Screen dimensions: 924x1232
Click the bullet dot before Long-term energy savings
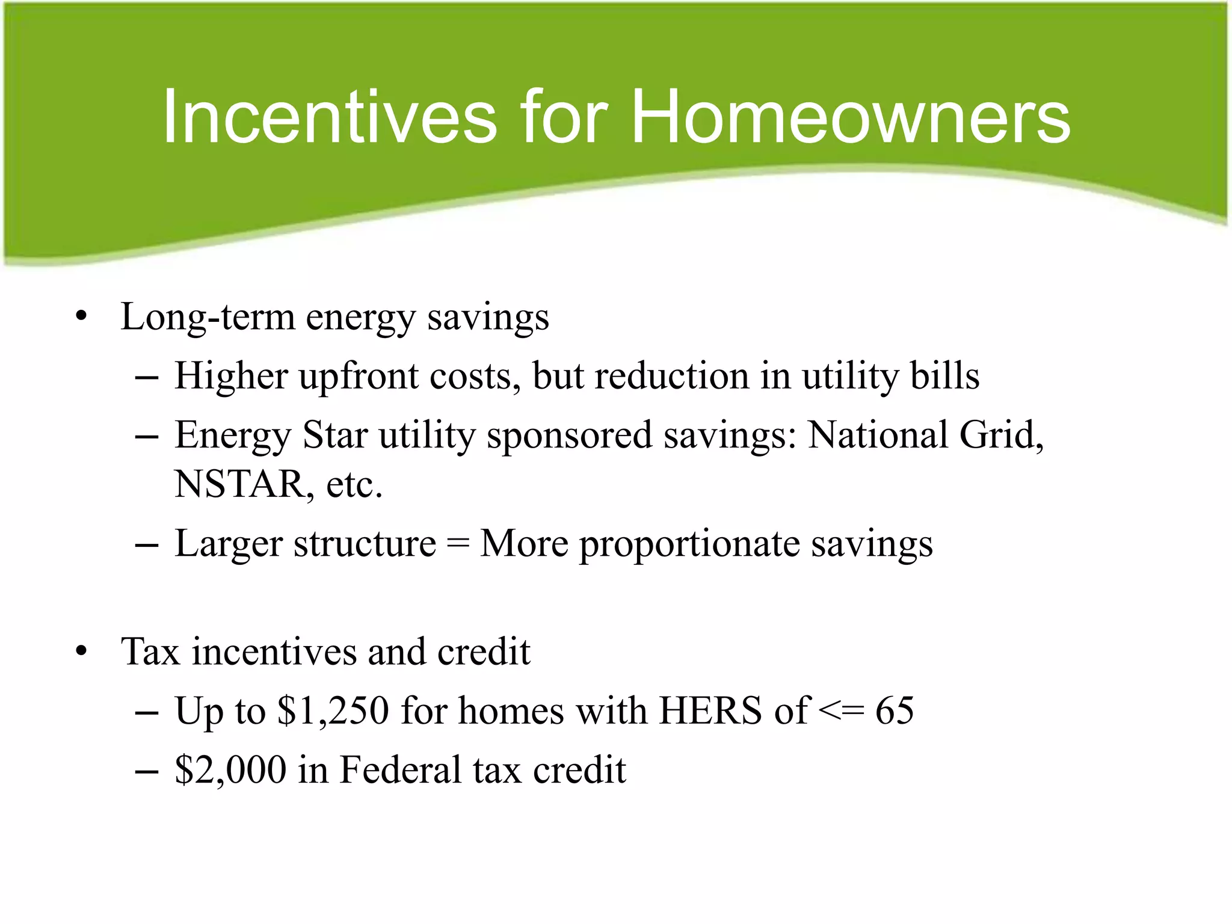click(x=81, y=317)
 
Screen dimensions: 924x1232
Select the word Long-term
click(x=208, y=317)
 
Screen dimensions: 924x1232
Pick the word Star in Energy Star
click(x=334, y=435)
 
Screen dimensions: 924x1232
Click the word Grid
click(x=1000, y=435)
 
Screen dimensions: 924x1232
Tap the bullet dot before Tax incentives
click(x=81, y=652)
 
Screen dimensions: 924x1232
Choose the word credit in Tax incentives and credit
click(x=484, y=652)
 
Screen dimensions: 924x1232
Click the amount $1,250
click(x=333, y=711)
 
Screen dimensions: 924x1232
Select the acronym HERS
click(x=710, y=711)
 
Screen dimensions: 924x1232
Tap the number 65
click(x=894, y=711)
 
